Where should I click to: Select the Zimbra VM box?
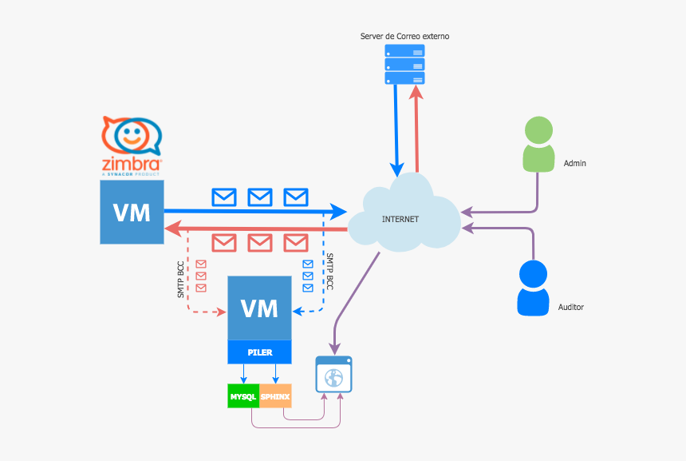click(132, 212)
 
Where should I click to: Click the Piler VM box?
click(259, 308)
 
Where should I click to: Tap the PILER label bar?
click(259, 352)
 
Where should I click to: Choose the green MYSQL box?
click(243, 396)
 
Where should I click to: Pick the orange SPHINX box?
click(275, 396)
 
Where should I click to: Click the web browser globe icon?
click(333, 374)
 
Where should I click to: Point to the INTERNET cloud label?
click(400, 219)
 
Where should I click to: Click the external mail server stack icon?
click(404, 64)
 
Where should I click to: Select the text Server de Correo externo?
click(404, 37)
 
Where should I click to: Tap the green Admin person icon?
click(538, 145)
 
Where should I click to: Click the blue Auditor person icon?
click(533, 288)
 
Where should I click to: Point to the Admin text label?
click(574, 163)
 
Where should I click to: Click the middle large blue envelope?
click(260, 197)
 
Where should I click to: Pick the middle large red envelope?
click(260, 242)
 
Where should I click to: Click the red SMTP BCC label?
click(181, 280)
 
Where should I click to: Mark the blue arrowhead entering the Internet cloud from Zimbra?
click(339, 212)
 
